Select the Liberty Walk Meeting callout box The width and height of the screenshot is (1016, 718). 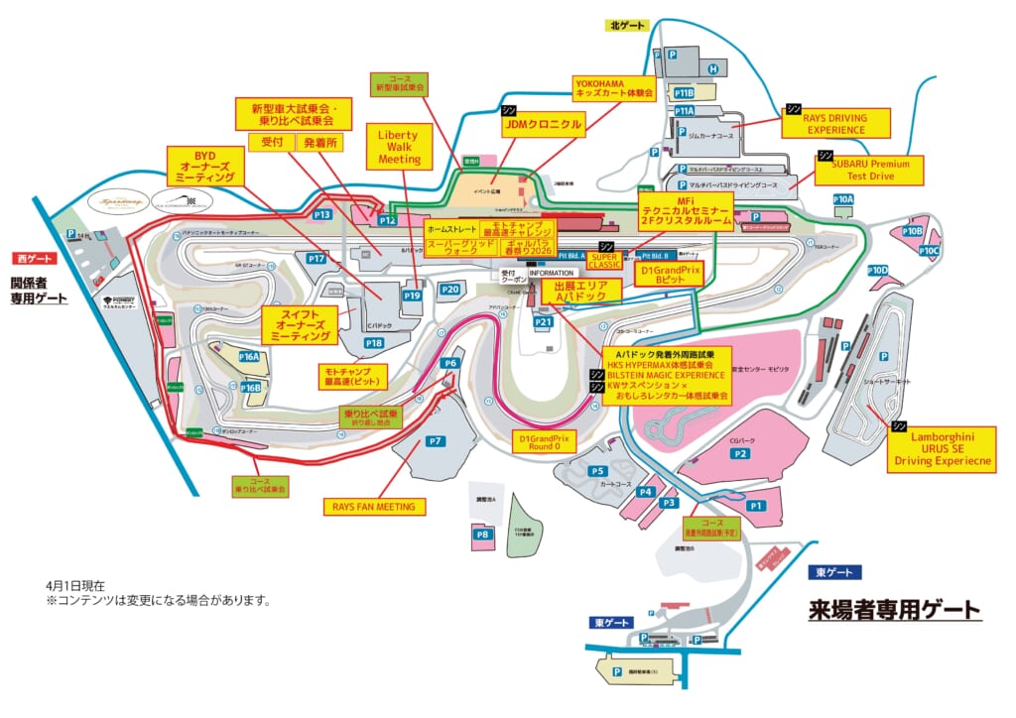pos(400,146)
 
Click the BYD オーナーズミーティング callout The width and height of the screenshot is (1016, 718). pos(205,166)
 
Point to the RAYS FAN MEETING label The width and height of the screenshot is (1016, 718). pos(374,507)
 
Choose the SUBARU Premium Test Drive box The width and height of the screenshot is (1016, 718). pos(869,170)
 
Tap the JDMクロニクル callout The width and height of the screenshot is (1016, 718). pos(542,125)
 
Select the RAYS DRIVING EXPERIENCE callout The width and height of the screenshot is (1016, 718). pos(835,123)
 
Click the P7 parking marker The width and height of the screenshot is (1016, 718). pos(435,440)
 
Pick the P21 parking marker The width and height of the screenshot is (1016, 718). pos(543,322)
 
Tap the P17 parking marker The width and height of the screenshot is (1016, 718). pos(317,258)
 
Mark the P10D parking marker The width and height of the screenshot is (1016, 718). pos(877,271)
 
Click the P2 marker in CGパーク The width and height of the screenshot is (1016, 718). pos(739,453)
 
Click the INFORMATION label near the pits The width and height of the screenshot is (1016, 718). pos(551,272)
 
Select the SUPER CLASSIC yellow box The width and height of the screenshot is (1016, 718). pos(603,260)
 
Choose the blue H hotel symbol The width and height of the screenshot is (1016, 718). pos(713,68)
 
